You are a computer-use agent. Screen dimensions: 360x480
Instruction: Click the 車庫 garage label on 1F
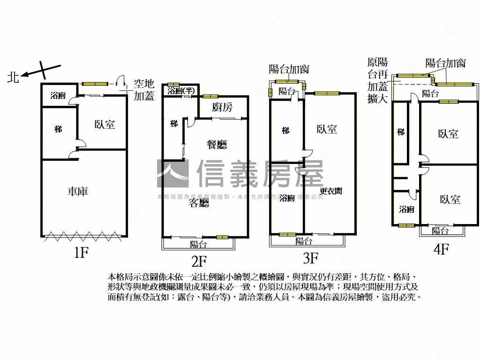coord(78,191)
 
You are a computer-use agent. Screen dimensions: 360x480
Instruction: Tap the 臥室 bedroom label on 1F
coord(105,125)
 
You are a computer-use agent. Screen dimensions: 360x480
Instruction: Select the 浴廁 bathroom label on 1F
coord(58,96)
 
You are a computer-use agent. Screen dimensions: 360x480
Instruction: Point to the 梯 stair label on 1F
coord(58,128)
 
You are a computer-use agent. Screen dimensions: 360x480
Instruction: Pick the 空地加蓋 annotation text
coord(144,90)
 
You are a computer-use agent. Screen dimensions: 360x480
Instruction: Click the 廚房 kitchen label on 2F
coord(222,107)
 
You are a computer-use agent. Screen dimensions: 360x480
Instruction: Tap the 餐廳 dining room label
coord(217,145)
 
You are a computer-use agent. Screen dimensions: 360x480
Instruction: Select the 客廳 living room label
coord(199,203)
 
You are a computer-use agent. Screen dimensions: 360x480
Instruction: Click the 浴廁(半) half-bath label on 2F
coord(181,90)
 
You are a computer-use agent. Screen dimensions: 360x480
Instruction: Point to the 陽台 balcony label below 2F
coord(198,244)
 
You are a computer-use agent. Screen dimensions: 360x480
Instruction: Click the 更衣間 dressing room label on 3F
coord(330,191)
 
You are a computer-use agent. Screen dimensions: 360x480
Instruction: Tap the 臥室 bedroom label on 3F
coord(327,129)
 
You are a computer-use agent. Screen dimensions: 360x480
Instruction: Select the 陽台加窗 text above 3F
coord(289,69)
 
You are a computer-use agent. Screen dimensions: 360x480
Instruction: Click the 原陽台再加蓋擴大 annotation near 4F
coord(377,80)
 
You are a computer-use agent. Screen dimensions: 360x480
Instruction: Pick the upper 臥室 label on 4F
coord(448,134)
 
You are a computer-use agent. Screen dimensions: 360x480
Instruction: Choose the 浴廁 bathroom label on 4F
coord(406,209)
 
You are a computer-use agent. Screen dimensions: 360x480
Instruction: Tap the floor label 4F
coord(441,249)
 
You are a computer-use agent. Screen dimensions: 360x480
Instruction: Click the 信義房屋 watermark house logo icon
coord(172,174)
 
